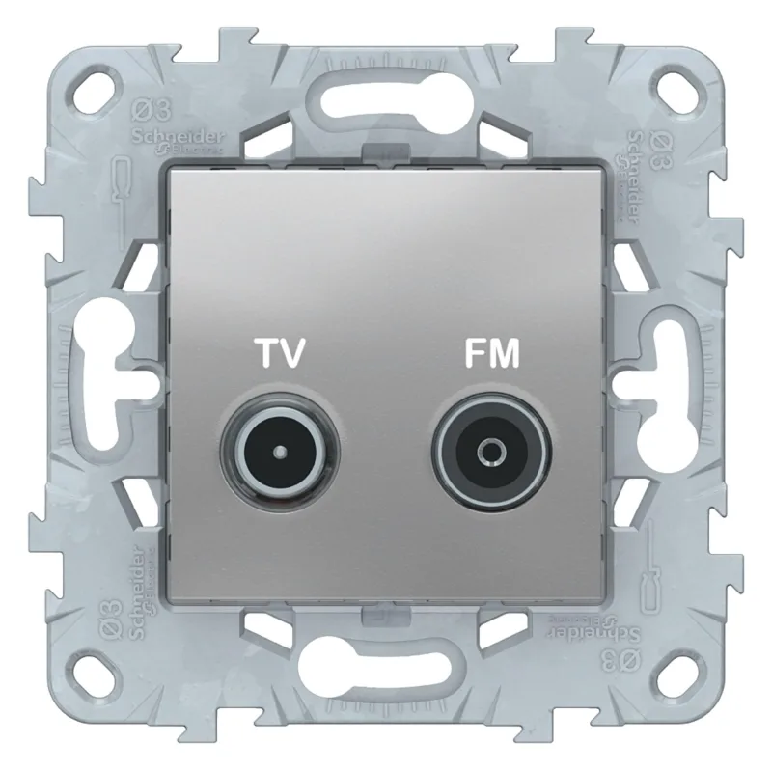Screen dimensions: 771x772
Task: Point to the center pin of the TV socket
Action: pyautogui.click(x=278, y=450)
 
